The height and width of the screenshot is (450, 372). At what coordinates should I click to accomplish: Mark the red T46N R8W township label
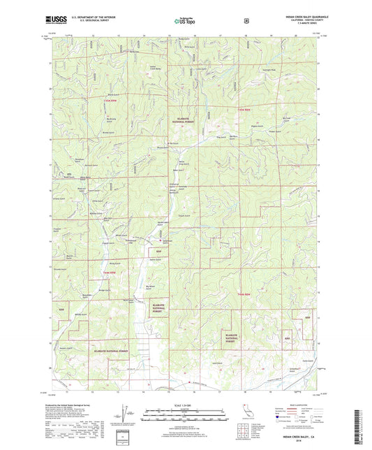(244, 295)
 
